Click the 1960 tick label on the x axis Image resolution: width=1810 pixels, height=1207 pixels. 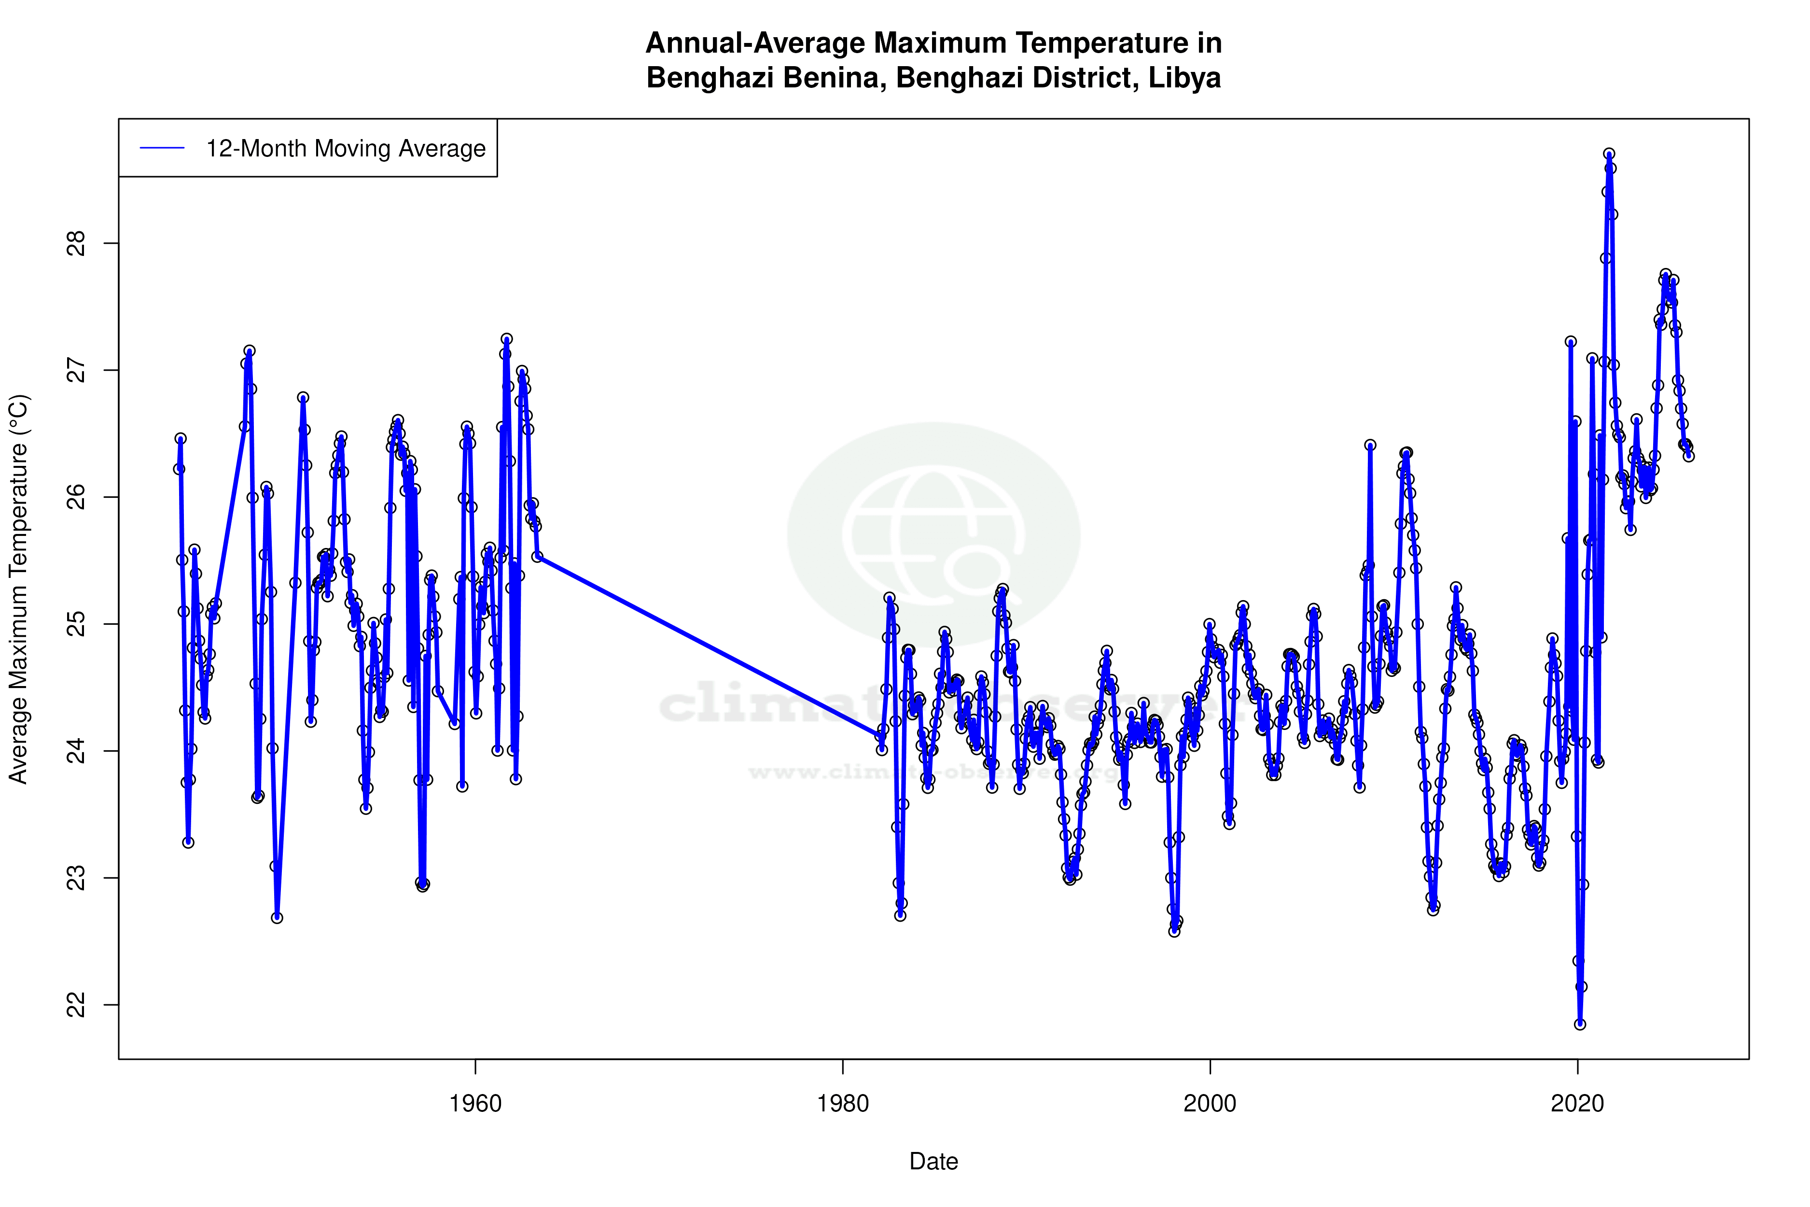point(475,1104)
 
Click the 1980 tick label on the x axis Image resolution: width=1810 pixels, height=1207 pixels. point(843,1104)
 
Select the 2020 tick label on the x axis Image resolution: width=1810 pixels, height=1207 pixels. point(1577,1104)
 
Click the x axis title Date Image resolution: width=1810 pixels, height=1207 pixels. point(933,1162)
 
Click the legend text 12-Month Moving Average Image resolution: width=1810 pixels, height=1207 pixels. point(346,149)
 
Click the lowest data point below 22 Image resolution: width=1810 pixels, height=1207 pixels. point(1580,1025)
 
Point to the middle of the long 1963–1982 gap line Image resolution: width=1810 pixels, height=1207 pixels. point(709,646)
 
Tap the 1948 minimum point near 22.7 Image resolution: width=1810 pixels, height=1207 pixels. point(277,918)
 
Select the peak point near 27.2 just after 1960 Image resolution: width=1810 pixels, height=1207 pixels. point(506,339)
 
